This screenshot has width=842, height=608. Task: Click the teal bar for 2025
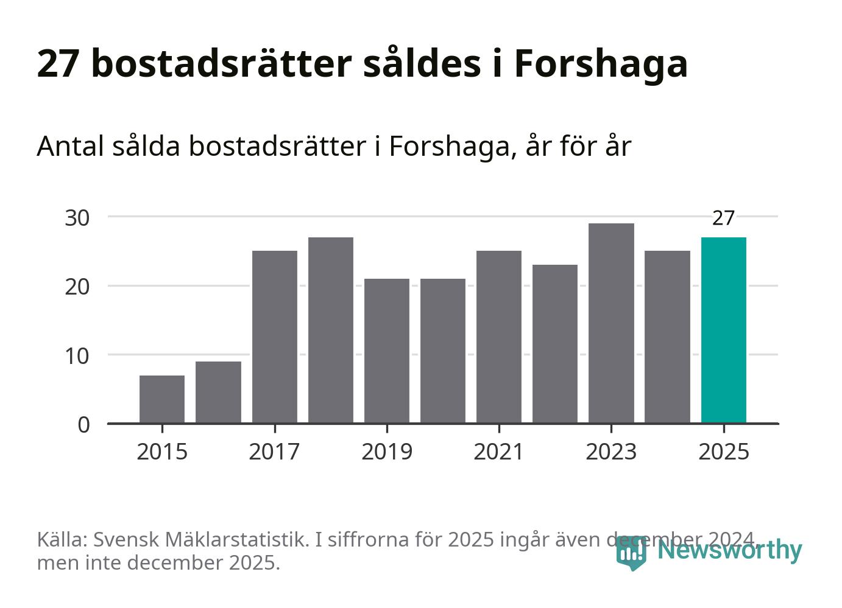(x=723, y=330)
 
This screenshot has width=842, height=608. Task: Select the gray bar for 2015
(x=162, y=399)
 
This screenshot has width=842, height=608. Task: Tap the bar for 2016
(x=218, y=392)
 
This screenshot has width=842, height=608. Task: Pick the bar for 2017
(x=275, y=337)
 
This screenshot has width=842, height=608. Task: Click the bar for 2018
(x=331, y=330)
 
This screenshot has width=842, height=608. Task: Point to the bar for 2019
(x=387, y=351)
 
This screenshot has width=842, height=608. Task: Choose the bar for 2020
(x=443, y=351)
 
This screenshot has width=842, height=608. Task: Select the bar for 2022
(x=555, y=344)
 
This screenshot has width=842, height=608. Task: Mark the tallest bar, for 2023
(x=611, y=323)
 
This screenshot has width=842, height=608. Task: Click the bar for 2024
(x=667, y=337)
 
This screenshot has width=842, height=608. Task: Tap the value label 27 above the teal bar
(x=723, y=218)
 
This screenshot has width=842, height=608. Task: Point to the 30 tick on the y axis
(x=77, y=217)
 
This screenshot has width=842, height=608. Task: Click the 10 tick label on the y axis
(x=77, y=355)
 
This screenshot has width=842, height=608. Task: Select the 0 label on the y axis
(x=84, y=424)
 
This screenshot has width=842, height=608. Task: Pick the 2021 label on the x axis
(x=499, y=452)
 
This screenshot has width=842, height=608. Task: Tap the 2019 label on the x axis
(x=387, y=452)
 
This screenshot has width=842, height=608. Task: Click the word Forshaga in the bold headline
(x=601, y=63)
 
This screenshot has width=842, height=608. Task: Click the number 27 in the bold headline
(x=58, y=63)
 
